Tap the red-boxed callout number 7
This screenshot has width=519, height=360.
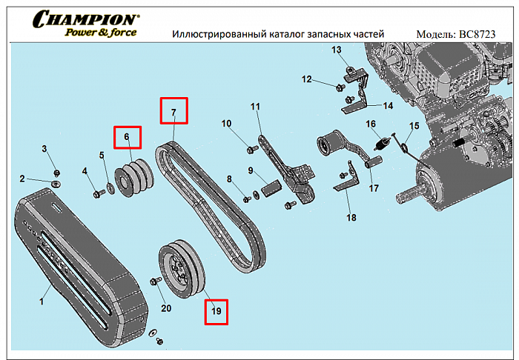pyautogui.click(x=174, y=113)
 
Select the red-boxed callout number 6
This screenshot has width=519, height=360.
pyautogui.click(x=127, y=137)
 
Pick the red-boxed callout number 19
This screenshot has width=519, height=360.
pyautogui.click(x=216, y=311)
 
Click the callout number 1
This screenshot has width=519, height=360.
pyautogui.click(x=42, y=301)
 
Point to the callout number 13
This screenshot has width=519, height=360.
pyautogui.click(x=336, y=50)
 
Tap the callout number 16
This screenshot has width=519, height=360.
pyautogui.click(x=371, y=124)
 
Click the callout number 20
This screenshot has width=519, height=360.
pyautogui.click(x=166, y=308)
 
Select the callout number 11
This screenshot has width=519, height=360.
pyautogui.click(x=255, y=107)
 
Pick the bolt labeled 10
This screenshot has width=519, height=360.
pyautogui.click(x=251, y=150)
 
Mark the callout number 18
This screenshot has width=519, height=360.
pyautogui.click(x=351, y=218)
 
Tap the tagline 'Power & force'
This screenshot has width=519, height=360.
pyautogui.click(x=100, y=32)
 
